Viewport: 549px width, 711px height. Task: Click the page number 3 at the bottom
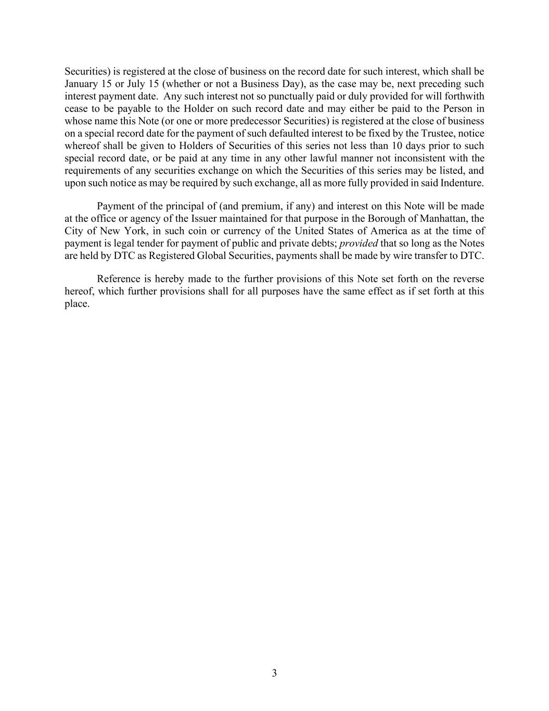pos(274,673)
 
